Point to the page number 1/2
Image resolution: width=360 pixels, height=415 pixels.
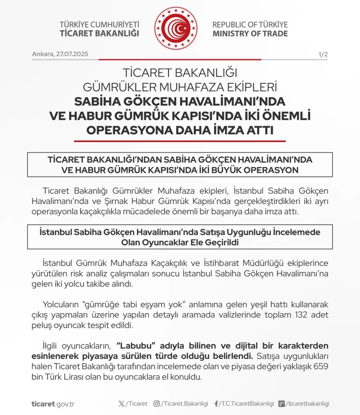(323, 54)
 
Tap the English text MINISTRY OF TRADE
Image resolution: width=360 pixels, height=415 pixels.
(250, 34)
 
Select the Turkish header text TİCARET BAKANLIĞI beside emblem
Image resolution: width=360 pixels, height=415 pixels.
(99, 34)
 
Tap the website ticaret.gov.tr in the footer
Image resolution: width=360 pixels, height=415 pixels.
(53, 404)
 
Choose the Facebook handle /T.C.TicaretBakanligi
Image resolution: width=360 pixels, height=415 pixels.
(247, 404)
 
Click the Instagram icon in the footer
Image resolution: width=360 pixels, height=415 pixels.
(156, 404)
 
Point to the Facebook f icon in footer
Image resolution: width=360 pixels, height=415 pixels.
(216, 404)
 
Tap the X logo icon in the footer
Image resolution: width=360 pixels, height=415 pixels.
(120, 404)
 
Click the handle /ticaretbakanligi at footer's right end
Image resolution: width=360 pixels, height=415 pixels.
(308, 404)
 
